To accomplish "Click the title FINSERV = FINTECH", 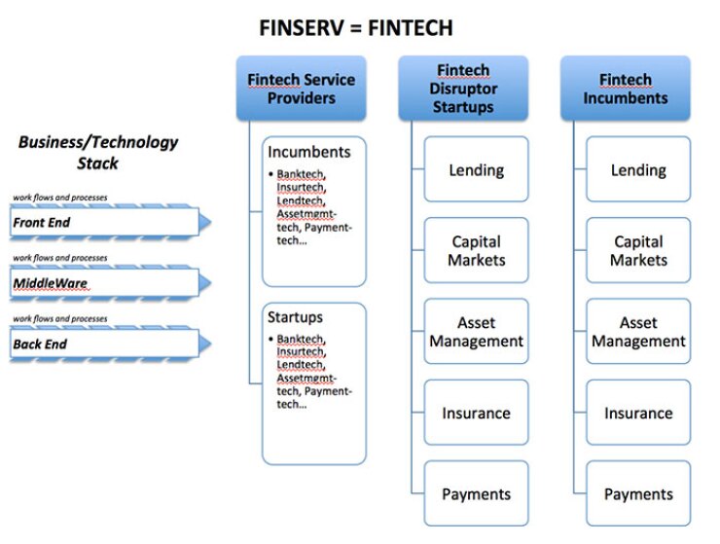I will pyautogui.click(x=355, y=27).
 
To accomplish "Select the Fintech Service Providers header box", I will pyautogui.click(x=301, y=89).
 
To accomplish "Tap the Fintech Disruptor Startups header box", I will pyautogui.click(x=463, y=89).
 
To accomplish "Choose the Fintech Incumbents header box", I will pyautogui.click(x=626, y=89).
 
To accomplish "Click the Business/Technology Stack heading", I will pyautogui.click(x=98, y=152).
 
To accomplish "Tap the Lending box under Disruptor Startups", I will pyautogui.click(x=476, y=170).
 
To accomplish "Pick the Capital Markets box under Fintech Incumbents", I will pyautogui.click(x=638, y=250).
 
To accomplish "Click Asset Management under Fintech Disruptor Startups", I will pyautogui.click(x=476, y=332).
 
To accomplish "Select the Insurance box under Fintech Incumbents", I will pyautogui.click(x=638, y=413).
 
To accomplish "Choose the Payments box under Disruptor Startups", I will pyautogui.click(x=476, y=494).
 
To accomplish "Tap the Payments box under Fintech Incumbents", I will pyautogui.click(x=638, y=494).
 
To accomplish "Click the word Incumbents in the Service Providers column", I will pyautogui.click(x=308, y=153).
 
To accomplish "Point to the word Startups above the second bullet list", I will pyautogui.click(x=295, y=317).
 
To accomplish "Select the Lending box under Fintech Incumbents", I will pyautogui.click(x=638, y=170).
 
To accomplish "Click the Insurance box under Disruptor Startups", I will pyautogui.click(x=476, y=413).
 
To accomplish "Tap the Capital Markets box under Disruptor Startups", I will pyautogui.click(x=476, y=250).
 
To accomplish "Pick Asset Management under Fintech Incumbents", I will pyautogui.click(x=638, y=332).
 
